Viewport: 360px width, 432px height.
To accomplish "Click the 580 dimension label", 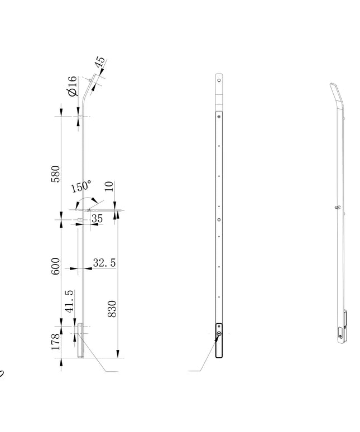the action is tap(55, 174).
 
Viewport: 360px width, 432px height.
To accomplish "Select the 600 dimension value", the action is tap(55, 266).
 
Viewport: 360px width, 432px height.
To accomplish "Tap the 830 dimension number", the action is tap(112, 309).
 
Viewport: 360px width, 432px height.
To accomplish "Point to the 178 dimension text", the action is tap(56, 342).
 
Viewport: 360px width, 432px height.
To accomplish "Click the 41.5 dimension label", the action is tap(69, 301).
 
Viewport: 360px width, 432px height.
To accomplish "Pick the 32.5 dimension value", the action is tap(104, 263).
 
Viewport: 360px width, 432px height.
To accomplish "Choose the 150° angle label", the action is tap(81, 186).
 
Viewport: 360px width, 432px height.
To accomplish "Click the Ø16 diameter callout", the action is tap(72, 86).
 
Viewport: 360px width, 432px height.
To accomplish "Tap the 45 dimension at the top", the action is tap(100, 62).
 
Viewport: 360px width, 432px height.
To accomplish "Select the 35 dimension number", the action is tap(97, 218).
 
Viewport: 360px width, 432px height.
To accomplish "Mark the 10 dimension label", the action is tap(109, 186).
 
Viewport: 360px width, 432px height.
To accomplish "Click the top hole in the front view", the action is tap(219, 80).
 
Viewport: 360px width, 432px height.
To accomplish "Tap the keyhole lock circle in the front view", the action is tap(219, 334).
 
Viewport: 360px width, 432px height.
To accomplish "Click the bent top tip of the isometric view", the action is tap(333, 84).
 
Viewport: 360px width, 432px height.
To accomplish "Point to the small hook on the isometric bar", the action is tap(337, 207).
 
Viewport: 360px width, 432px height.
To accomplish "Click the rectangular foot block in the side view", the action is tap(80, 341).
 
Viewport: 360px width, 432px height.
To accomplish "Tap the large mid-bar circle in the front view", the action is tap(219, 220).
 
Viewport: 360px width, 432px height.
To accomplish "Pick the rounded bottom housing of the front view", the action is tap(219, 340).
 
